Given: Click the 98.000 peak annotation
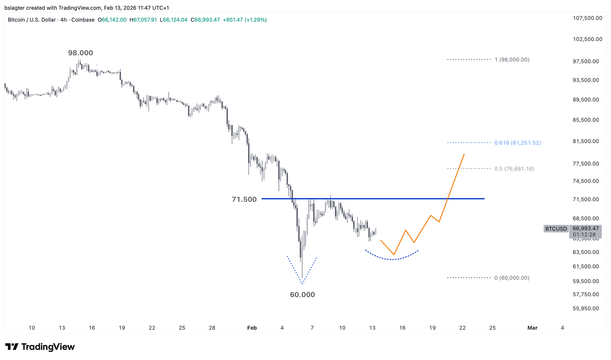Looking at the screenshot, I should [x=80, y=53].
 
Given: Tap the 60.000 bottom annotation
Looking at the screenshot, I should [x=302, y=295].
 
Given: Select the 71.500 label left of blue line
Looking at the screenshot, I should [x=244, y=200].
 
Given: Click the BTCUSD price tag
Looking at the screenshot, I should [x=556, y=229].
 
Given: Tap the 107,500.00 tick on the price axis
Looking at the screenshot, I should [x=587, y=18].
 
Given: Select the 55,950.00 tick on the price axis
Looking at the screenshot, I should [x=586, y=308].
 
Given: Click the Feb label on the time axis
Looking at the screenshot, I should [x=252, y=328].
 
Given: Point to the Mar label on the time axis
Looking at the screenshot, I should [x=532, y=328].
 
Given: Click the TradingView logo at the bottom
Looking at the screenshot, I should [x=40, y=347].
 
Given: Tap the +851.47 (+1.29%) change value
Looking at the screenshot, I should [x=245, y=20].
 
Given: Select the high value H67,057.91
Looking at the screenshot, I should [x=143, y=20].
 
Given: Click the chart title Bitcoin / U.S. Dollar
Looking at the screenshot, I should [x=32, y=20].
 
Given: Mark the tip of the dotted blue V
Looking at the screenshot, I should [x=302, y=284].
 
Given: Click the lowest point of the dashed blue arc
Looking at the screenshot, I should [x=392, y=259].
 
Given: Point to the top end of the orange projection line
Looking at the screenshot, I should [x=464, y=154].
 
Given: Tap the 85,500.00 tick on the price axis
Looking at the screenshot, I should [x=586, y=120].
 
